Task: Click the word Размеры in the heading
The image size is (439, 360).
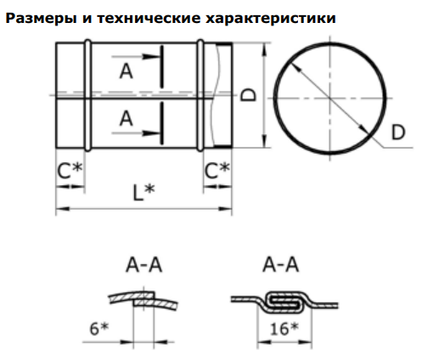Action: point(41,19)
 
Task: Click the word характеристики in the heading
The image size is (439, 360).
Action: point(270,19)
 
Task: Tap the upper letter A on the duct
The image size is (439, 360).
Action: point(127,71)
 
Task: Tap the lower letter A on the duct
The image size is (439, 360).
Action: point(127,118)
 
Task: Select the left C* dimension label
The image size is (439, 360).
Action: point(70,171)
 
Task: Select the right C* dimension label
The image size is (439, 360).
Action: point(217,171)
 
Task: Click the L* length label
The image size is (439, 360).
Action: point(144,193)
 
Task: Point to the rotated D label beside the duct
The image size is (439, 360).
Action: point(248,95)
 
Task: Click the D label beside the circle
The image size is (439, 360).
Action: point(398,132)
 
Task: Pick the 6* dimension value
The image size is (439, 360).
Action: point(99,329)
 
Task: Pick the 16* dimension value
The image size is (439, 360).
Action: point(284,329)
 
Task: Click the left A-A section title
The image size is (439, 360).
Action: point(144,265)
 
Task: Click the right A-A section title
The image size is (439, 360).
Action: point(281,265)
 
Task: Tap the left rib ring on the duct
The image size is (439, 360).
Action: point(88,95)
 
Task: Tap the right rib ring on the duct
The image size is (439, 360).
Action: point(200,95)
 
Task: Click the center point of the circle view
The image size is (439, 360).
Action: point(329,98)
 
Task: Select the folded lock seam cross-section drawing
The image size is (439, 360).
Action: point(284,303)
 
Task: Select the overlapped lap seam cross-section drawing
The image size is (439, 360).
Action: point(144,301)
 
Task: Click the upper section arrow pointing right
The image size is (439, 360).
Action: point(137,57)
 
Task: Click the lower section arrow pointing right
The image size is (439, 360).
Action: point(137,133)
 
